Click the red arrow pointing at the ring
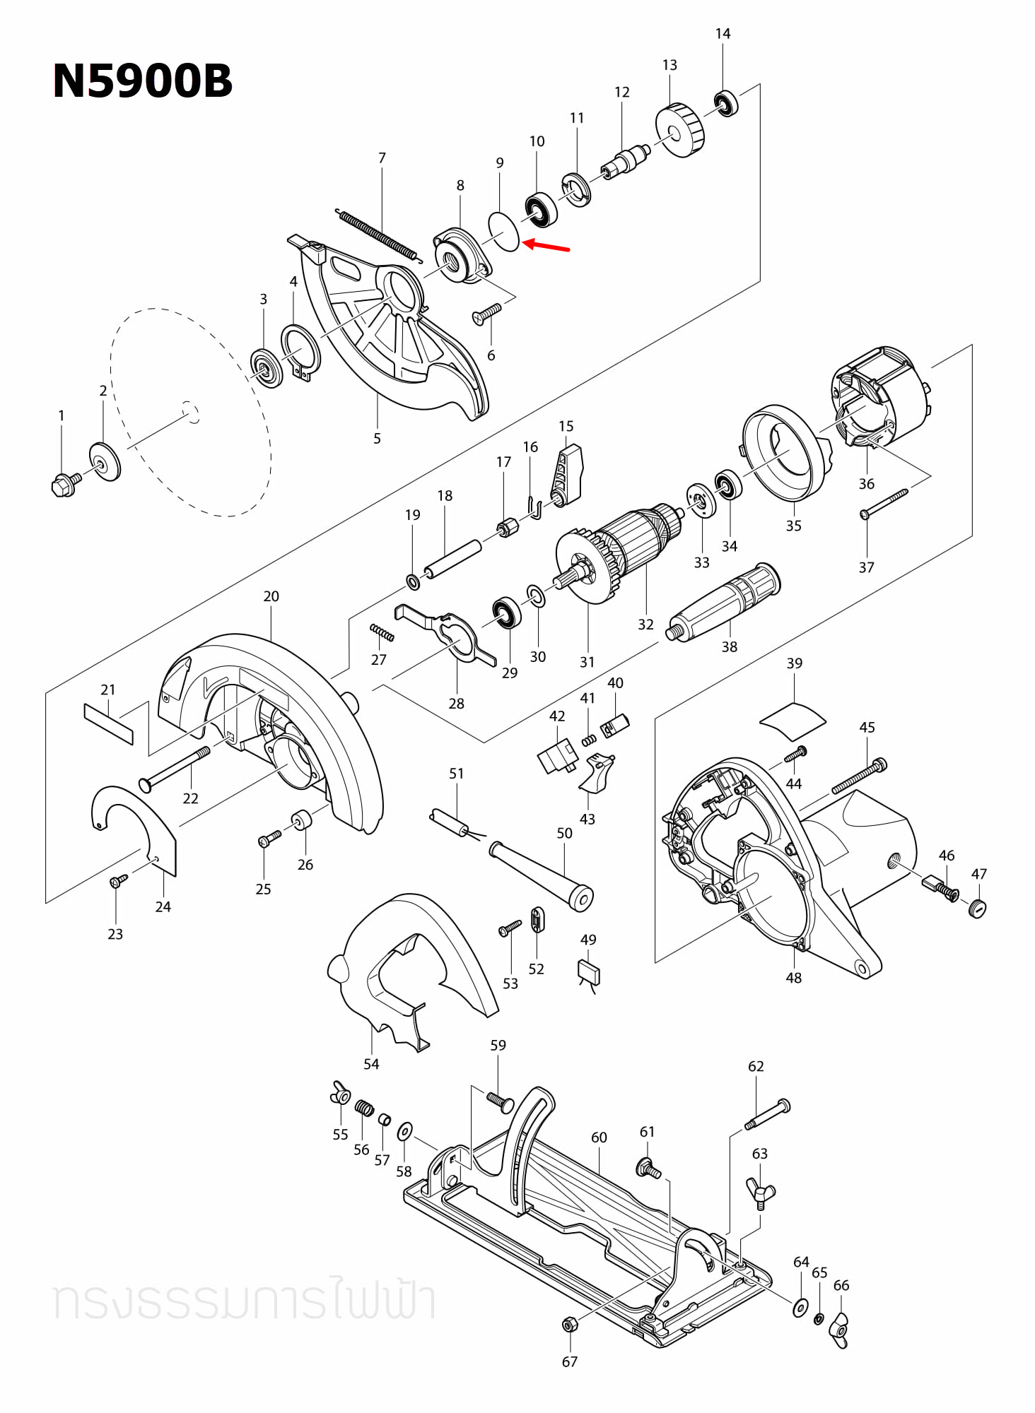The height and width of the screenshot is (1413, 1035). pyautogui.click(x=546, y=246)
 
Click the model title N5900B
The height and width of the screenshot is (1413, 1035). pyautogui.click(x=142, y=81)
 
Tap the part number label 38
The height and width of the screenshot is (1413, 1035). pyautogui.click(x=729, y=646)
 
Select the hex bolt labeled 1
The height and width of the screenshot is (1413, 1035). pyautogui.click(x=64, y=485)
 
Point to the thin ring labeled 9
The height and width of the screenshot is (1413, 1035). pyautogui.click(x=504, y=230)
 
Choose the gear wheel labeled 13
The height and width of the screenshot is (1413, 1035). pyautogui.click(x=681, y=130)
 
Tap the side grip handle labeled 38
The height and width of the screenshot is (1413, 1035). pyautogui.click(x=725, y=601)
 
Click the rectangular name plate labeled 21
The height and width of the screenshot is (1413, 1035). pyautogui.click(x=108, y=723)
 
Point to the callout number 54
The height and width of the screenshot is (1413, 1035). pyautogui.click(x=370, y=1064)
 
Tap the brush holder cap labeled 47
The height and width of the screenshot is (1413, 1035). pyautogui.click(x=977, y=908)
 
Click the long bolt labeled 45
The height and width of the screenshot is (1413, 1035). pyautogui.click(x=858, y=776)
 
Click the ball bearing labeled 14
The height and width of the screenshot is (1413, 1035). pyautogui.click(x=726, y=103)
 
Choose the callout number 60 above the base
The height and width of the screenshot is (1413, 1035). pyautogui.click(x=599, y=1137)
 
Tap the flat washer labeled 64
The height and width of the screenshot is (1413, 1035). pyautogui.click(x=800, y=1307)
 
